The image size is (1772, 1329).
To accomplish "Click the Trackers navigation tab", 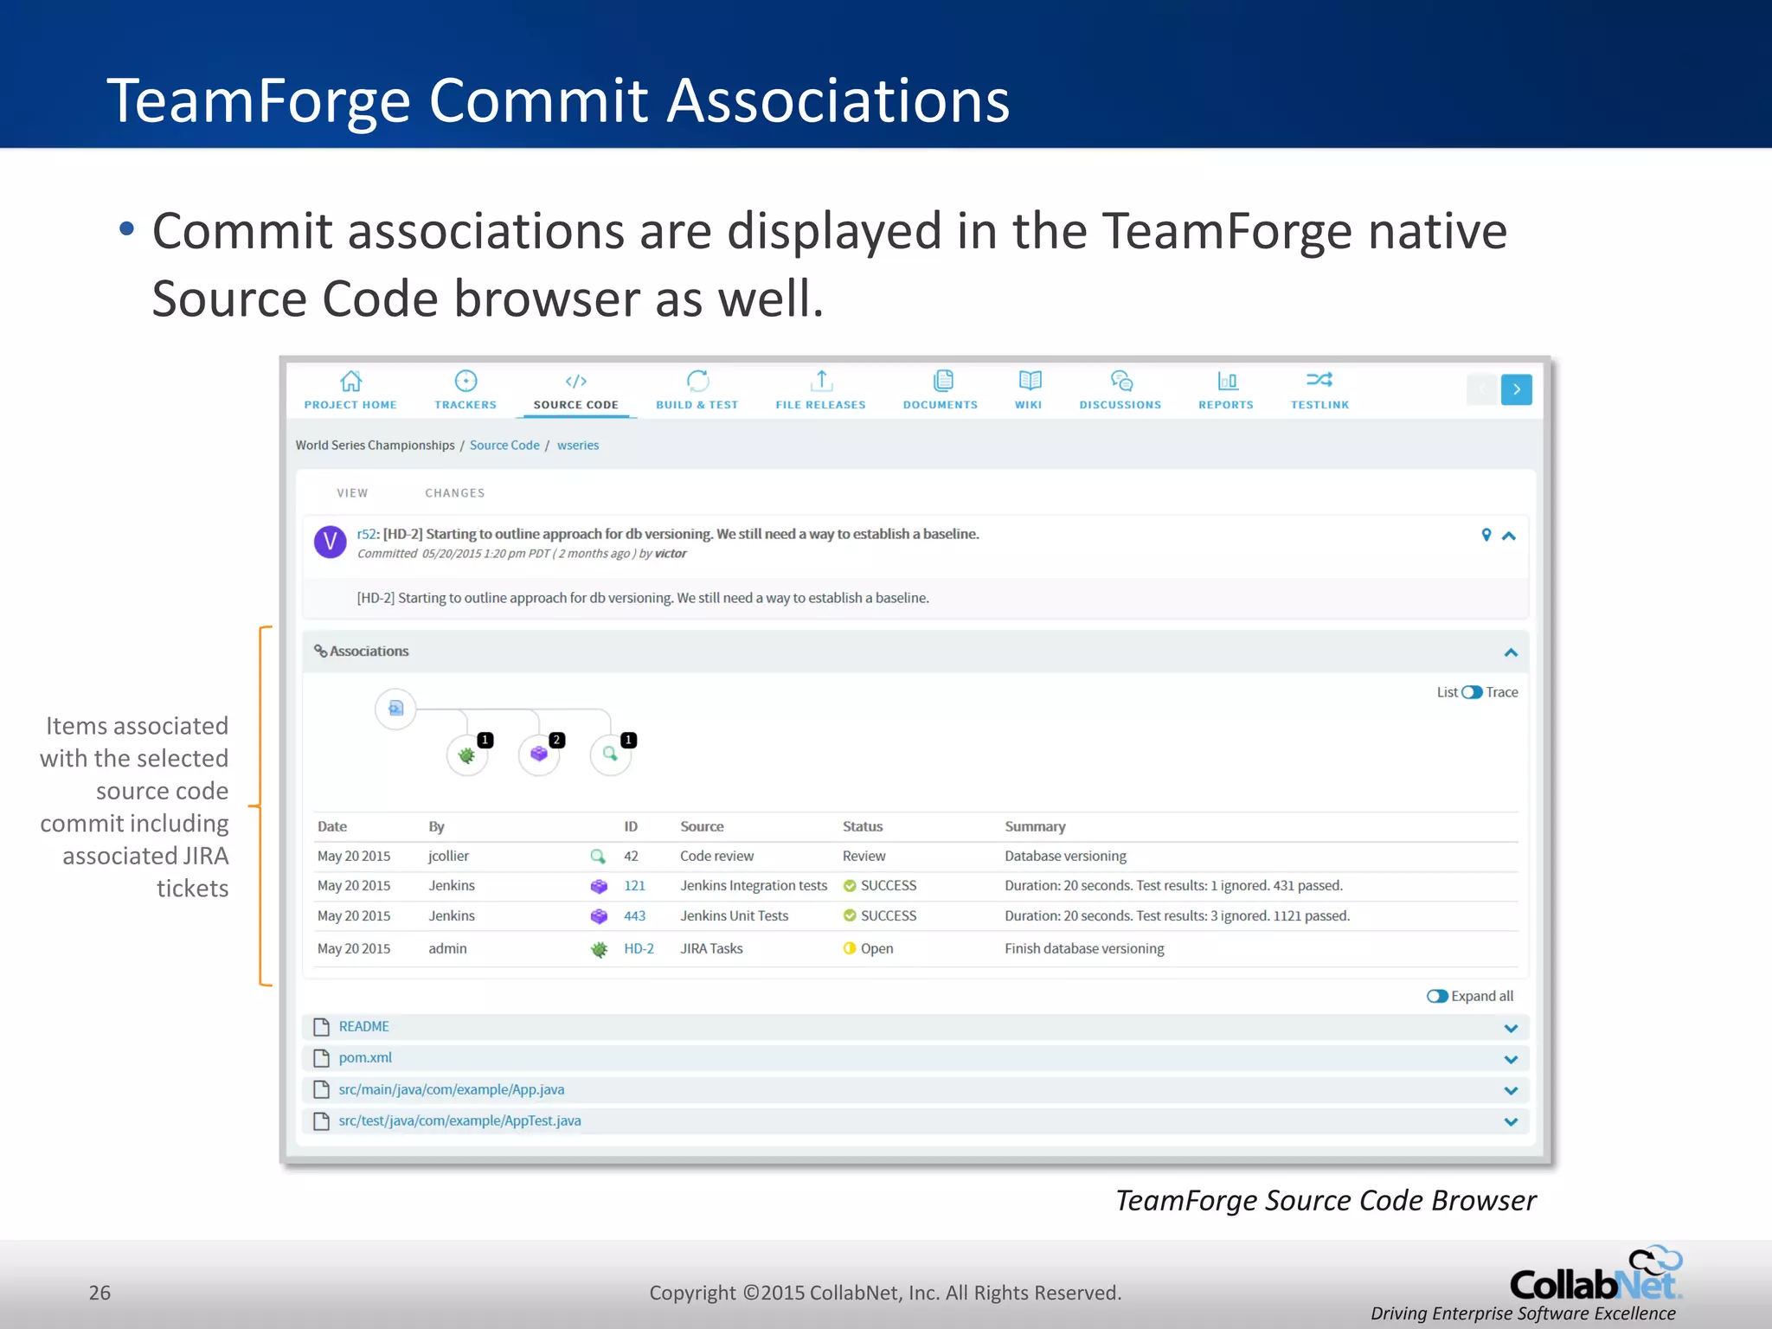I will tap(465, 390).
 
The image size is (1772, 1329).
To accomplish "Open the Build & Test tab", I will tap(697, 390).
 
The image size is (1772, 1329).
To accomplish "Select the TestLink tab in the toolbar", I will tap(1319, 390).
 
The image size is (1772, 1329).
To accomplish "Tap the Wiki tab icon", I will tap(1029, 381).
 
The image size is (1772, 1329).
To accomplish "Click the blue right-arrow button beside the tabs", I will tap(1516, 389).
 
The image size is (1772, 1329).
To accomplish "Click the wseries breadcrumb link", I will tap(577, 446).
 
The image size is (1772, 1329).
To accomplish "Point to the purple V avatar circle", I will tap(330, 543).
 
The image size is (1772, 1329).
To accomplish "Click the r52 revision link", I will tap(367, 535).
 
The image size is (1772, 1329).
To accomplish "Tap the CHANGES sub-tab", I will tap(454, 493).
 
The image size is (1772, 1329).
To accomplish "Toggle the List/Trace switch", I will tap(1472, 692).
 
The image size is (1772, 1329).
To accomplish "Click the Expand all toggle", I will tap(1437, 996).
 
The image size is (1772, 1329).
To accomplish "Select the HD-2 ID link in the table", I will tap(639, 948).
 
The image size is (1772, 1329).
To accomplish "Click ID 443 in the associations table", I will tap(634, 915).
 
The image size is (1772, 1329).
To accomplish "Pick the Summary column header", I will tap(1035, 826).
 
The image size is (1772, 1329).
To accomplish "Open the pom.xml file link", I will tap(365, 1057).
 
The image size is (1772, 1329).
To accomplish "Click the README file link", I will tap(363, 1026).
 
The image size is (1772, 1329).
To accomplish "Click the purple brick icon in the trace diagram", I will tap(539, 754).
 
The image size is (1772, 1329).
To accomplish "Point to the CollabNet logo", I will tap(1594, 1277).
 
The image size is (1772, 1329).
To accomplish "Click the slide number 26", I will tap(100, 1293).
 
